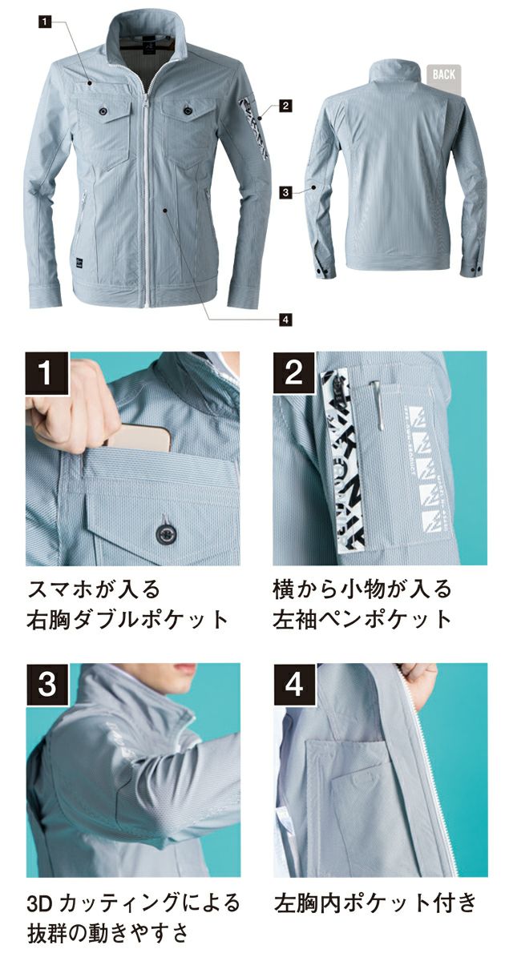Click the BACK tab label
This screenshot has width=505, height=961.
[x=443, y=74]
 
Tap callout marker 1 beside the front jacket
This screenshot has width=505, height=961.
[x=42, y=23]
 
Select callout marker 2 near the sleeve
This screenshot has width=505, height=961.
[x=285, y=105]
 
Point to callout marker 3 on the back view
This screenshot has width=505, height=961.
[x=285, y=192]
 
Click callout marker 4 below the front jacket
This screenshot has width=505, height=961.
[x=285, y=319]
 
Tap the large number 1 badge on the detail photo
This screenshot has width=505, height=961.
[x=49, y=373]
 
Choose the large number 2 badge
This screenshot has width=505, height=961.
[x=295, y=373]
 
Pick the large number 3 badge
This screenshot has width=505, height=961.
[x=49, y=686]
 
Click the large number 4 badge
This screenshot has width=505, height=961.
[x=295, y=686]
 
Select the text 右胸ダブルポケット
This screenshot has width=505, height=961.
[x=128, y=619]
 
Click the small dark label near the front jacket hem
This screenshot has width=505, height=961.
[x=75, y=259]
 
